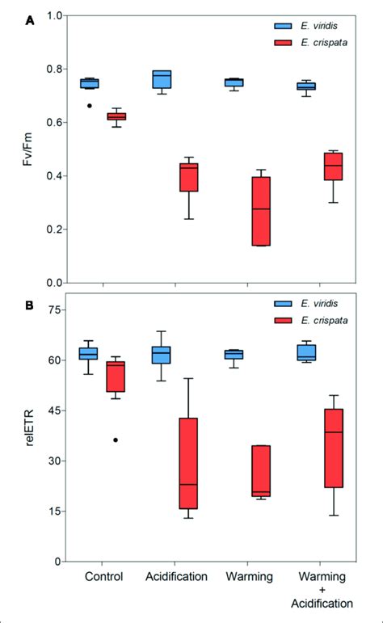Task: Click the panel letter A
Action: [30, 22]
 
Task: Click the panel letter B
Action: [30, 307]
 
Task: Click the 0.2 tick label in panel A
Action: [53, 229]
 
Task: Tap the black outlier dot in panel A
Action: [90, 106]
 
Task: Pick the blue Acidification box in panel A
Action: [162, 79]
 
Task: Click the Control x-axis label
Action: [103, 576]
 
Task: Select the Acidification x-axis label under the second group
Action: [177, 576]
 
